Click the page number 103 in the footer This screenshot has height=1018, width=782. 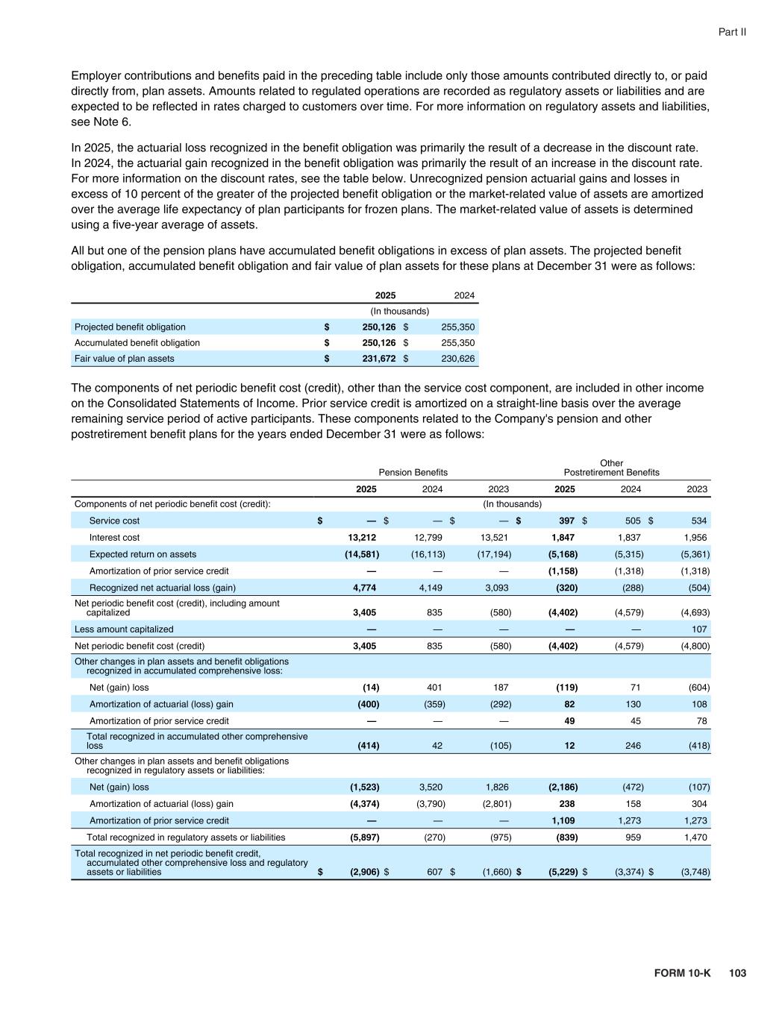(x=737, y=973)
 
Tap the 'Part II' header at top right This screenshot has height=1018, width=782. (x=732, y=32)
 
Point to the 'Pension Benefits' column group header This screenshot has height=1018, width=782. (x=413, y=472)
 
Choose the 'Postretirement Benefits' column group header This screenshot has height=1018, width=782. (x=611, y=472)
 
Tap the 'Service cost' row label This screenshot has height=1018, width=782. (x=114, y=521)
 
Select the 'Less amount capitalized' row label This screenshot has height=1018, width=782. (x=124, y=629)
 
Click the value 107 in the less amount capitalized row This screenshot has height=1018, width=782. (x=699, y=629)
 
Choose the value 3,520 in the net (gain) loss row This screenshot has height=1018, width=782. (x=430, y=787)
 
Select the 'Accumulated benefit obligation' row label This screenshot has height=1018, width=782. (x=137, y=343)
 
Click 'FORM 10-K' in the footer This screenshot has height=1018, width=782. (x=682, y=973)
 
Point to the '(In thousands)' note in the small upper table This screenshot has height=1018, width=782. (x=400, y=311)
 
